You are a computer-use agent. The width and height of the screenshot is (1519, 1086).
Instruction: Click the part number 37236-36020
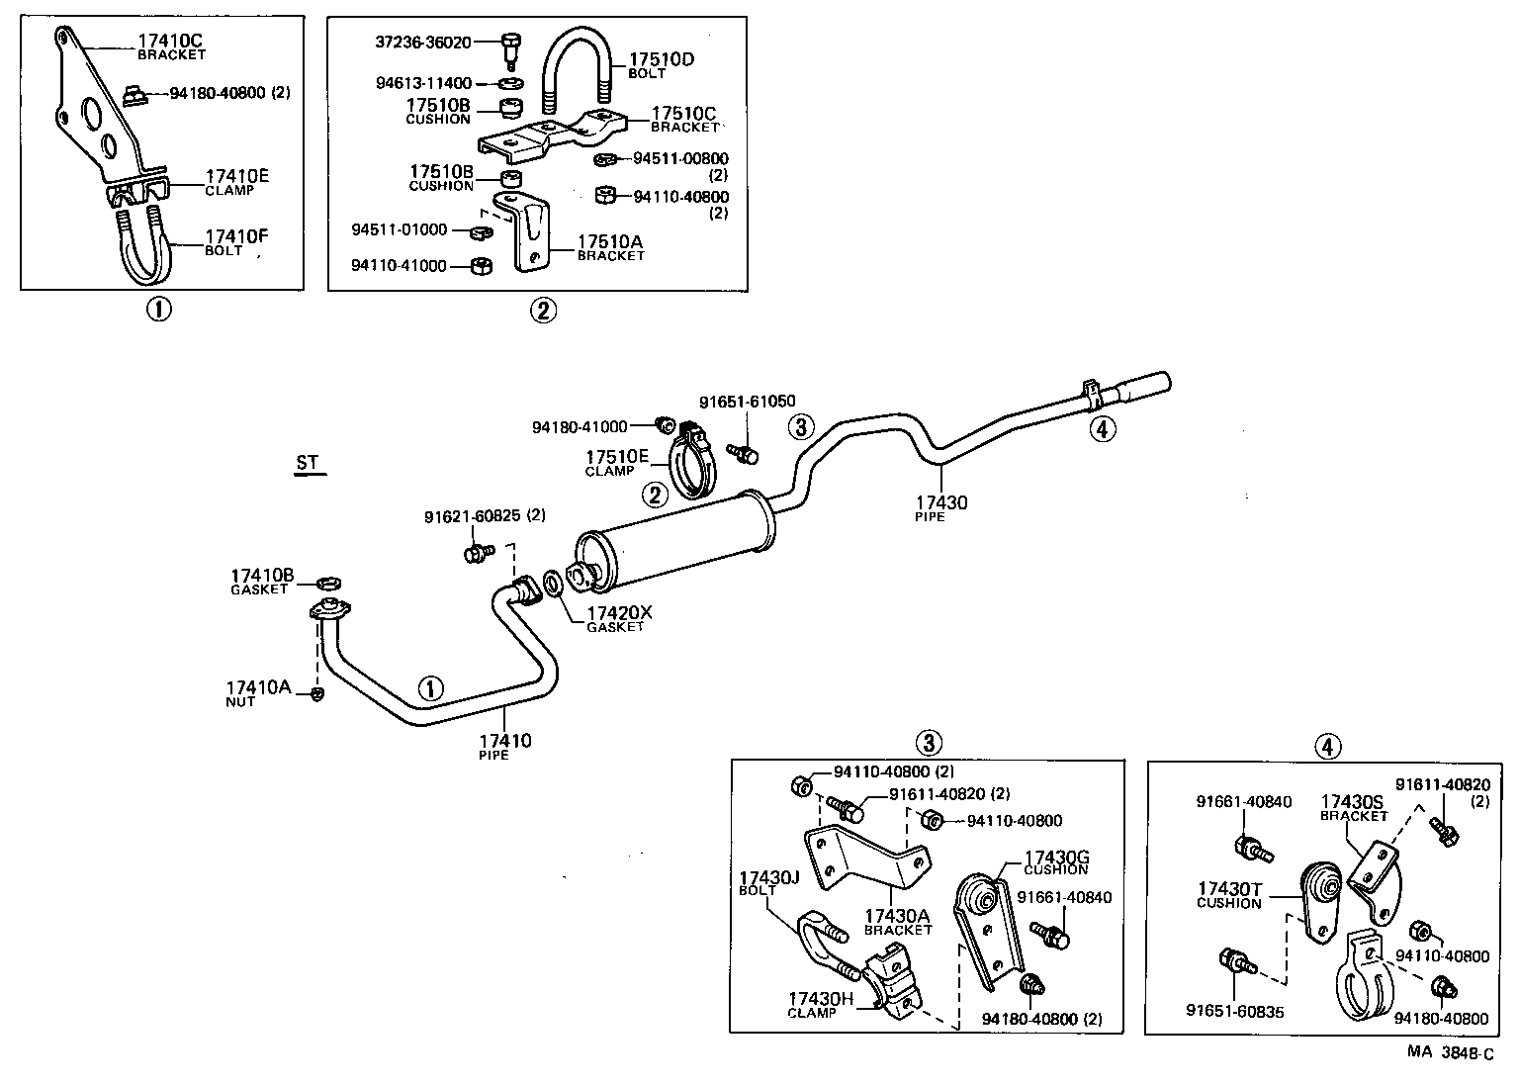(x=422, y=43)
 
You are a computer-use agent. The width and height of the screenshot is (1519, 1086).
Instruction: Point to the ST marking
(x=309, y=463)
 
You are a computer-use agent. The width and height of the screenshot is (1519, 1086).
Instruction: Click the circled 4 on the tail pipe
(x=1102, y=428)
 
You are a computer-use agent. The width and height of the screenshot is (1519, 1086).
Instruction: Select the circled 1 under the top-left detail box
(x=158, y=310)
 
